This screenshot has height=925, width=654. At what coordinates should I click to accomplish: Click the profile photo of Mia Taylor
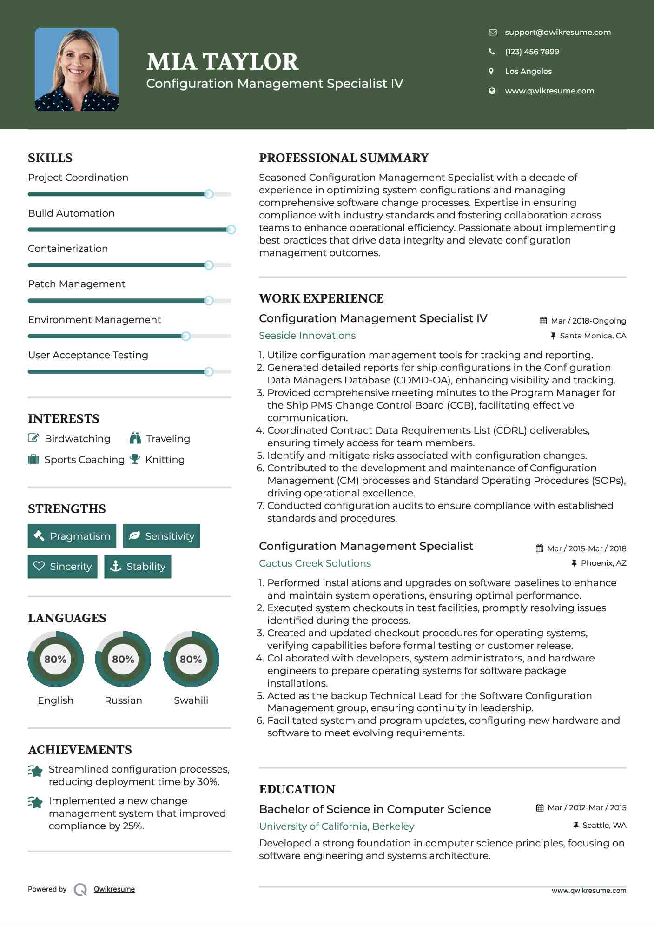pyautogui.click(x=77, y=69)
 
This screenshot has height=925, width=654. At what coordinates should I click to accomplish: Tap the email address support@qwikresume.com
pyautogui.click(x=557, y=32)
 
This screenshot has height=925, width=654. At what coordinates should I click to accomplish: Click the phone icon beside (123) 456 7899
pyautogui.click(x=492, y=52)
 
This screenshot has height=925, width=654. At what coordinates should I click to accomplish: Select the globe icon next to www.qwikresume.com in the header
pyautogui.click(x=492, y=91)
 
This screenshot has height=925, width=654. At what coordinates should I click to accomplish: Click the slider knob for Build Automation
pyautogui.click(x=231, y=230)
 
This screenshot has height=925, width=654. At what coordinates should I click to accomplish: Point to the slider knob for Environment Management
pyautogui.click(x=186, y=336)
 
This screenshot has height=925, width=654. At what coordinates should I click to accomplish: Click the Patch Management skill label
pyautogui.click(x=77, y=284)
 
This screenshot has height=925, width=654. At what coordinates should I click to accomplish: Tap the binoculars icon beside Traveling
pyautogui.click(x=135, y=438)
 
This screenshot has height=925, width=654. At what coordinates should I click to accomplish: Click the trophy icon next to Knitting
pyautogui.click(x=135, y=459)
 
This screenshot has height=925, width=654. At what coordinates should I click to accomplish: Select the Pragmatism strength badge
pyautogui.click(x=72, y=536)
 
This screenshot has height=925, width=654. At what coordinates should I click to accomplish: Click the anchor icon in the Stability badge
pyautogui.click(x=115, y=566)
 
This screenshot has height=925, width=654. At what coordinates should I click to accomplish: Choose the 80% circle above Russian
pyautogui.click(x=123, y=659)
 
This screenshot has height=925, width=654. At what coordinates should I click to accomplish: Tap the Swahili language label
pyautogui.click(x=191, y=700)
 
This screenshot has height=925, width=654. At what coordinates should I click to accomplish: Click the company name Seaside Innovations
pyautogui.click(x=307, y=336)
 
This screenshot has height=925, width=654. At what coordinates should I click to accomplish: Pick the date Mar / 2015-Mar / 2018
pyautogui.click(x=586, y=548)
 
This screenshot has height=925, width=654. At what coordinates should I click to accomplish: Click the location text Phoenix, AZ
pyautogui.click(x=603, y=563)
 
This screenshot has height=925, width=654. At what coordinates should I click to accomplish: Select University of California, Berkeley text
pyautogui.click(x=337, y=826)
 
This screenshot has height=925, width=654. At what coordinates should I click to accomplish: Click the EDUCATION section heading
pyautogui.click(x=297, y=789)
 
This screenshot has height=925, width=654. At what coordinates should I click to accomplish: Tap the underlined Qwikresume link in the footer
pyautogui.click(x=114, y=889)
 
